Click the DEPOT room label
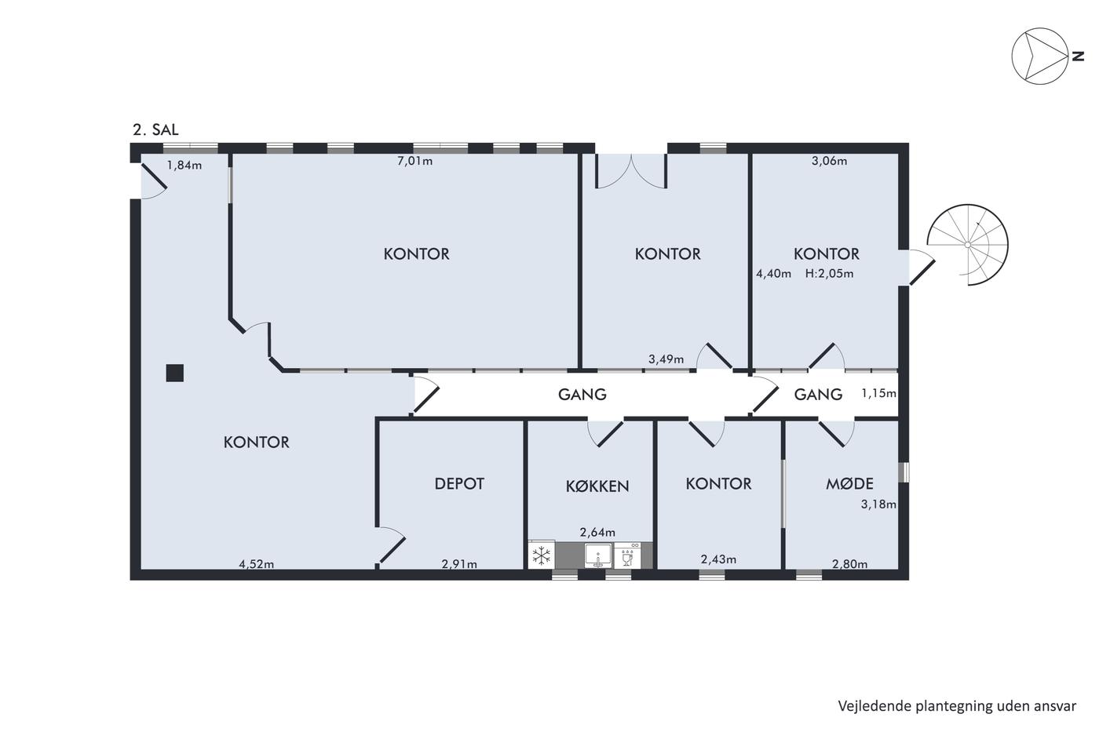coord(459,484)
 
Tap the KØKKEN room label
coord(597,486)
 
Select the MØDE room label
coord(849,484)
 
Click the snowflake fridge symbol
coord(542,555)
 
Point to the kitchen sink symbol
coord(598,555)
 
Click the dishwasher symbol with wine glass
coord(627,555)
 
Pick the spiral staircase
coord(967,244)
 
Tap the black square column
coord(174,373)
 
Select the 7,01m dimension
coord(415,161)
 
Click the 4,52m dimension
coord(256,564)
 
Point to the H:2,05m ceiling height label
coord(829,274)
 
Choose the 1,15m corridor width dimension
coord(878,393)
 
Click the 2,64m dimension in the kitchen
coord(597,532)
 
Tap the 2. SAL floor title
coord(155,130)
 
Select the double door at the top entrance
coord(631,171)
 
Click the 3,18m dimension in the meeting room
coord(878,504)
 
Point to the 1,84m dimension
coord(184,166)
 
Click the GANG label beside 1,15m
coord(818,394)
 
